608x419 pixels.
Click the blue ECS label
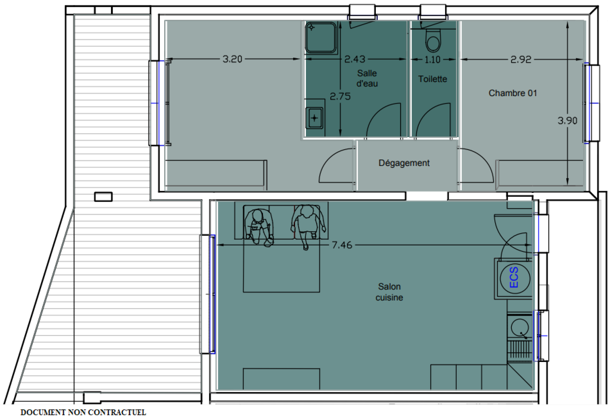coord(514,277)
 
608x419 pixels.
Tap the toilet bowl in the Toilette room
coord(433,41)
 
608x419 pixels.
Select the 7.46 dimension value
coord(342,245)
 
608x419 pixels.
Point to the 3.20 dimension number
coord(232,59)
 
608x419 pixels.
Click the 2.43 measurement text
coord(355,59)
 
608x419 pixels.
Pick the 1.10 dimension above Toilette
coord(432,59)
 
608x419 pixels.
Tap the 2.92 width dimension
coord(521,59)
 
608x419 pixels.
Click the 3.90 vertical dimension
coord(567,120)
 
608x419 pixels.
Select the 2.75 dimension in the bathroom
coord(340,96)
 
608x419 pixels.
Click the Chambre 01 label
coord(513,93)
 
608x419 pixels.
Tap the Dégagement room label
coord(404,163)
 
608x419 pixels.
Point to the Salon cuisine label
coord(389,292)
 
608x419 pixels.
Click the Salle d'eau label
coord(367,78)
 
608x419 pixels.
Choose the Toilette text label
coord(432,79)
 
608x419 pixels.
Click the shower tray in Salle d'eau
coord(321,38)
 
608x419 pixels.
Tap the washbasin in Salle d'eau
coord(314,118)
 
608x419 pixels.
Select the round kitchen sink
coord(519,327)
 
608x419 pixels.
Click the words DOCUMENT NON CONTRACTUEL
coord(83,413)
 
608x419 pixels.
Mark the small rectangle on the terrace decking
coord(103,197)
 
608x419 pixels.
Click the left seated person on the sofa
coord(259,227)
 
